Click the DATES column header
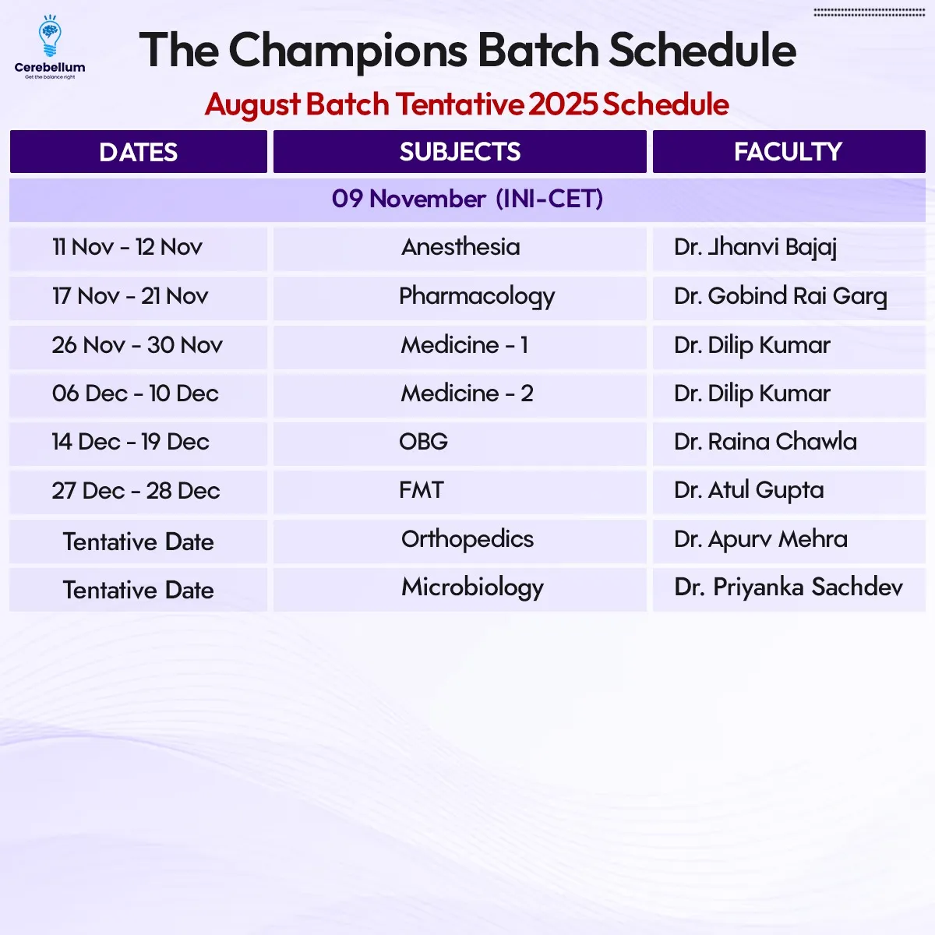pyautogui.click(x=138, y=151)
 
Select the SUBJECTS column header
pyautogui.click(x=460, y=151)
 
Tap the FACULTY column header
pyautogui.click(x=789, y=151)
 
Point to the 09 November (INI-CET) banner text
pyautogui.click(x=467, y=199)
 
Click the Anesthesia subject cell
pyautogui.click(x=460, y=249)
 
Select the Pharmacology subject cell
pyautogui.click(x=460, y=298)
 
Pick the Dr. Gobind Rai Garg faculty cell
pyautogui.click(x=789, y=298)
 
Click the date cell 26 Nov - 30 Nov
pyautogui.click(x=138, y=347)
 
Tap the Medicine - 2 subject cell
pyautogui.click(x=460, y=396)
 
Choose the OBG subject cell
pyautogui.click(x=460, y=444)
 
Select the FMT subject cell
pyautogui.click(x=460, y=492)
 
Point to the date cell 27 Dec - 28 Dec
pyautogui.click(x=138, y=492)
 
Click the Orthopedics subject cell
pyautogui.click(x=460, y=542)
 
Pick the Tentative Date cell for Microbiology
pyautogui.click(x=138, y=590)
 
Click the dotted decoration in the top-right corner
pyautogui.click(x=869, y=12)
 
